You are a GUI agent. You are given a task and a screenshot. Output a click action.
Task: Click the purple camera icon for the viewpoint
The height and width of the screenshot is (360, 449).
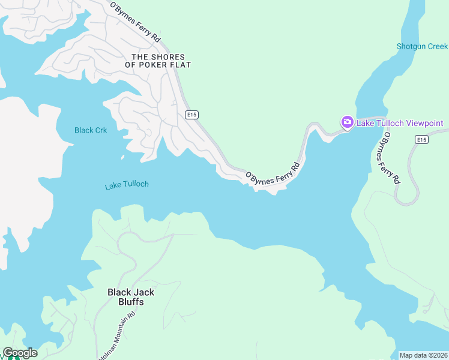click(347, 122)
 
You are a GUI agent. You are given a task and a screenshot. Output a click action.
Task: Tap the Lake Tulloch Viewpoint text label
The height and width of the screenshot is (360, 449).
click(400, 124)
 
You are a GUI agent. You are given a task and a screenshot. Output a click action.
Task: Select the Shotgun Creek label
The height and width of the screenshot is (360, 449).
click(422, 46)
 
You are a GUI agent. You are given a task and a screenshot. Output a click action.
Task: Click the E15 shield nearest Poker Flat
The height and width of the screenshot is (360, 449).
click(191, 115)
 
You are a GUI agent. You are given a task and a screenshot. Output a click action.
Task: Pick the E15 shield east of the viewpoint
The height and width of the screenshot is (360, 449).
click(421, 139)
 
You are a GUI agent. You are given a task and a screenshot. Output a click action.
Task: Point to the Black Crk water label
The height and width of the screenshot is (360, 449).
click(91, 130)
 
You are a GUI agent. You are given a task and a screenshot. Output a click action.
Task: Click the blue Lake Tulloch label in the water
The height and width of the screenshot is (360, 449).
click(127, 185)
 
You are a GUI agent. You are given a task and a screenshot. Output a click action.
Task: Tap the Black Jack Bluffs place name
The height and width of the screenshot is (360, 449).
click(131, 297)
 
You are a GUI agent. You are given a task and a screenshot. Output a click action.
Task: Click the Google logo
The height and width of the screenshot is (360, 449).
click(20, 353)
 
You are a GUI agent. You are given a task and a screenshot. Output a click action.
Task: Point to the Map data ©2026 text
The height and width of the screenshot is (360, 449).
click(423, 355)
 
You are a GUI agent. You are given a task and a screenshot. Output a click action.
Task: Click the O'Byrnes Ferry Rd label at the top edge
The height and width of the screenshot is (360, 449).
click(136, 22)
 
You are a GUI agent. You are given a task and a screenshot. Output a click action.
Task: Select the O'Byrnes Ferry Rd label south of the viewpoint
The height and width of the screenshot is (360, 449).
click(388, 160)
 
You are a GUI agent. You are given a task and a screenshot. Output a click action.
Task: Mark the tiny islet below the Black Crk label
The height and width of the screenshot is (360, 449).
click(122, 158)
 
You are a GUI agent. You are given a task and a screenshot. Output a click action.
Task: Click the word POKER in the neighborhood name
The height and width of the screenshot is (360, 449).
click(155, 65)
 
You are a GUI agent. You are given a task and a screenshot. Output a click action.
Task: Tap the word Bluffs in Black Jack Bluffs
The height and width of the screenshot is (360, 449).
click(131, 302)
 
